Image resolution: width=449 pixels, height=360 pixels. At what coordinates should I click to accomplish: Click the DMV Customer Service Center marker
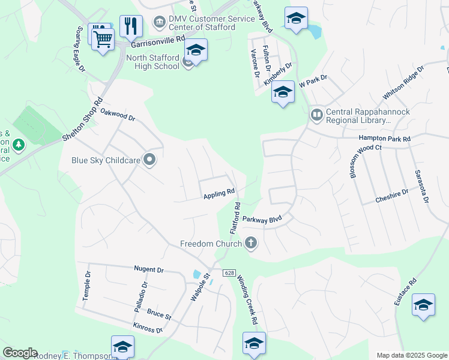point(160,22)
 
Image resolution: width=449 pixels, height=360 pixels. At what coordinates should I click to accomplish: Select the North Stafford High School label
point(152,62)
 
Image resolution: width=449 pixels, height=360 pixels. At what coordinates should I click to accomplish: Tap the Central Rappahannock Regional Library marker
point(316,114)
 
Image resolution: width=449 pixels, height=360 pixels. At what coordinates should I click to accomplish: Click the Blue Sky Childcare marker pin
point(150,160)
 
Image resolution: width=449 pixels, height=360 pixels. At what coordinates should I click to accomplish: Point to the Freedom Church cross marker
point(251,243)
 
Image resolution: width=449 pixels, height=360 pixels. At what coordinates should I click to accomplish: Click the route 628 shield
point(229,273)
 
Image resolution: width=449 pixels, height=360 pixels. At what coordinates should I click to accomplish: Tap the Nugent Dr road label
point(150,270)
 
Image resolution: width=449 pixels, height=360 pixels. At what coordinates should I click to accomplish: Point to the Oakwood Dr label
point(118,115)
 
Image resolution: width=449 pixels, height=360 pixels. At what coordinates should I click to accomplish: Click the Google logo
point(20,353)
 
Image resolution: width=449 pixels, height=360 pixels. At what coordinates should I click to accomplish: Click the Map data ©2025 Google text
point(411,355)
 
